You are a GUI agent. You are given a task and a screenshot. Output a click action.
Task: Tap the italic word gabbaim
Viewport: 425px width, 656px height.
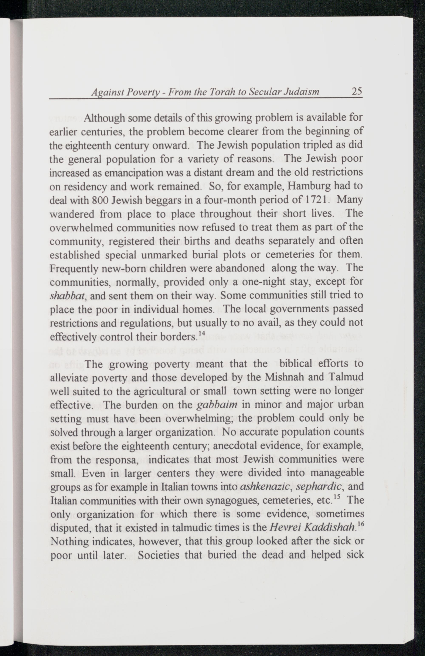(218, 405)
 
